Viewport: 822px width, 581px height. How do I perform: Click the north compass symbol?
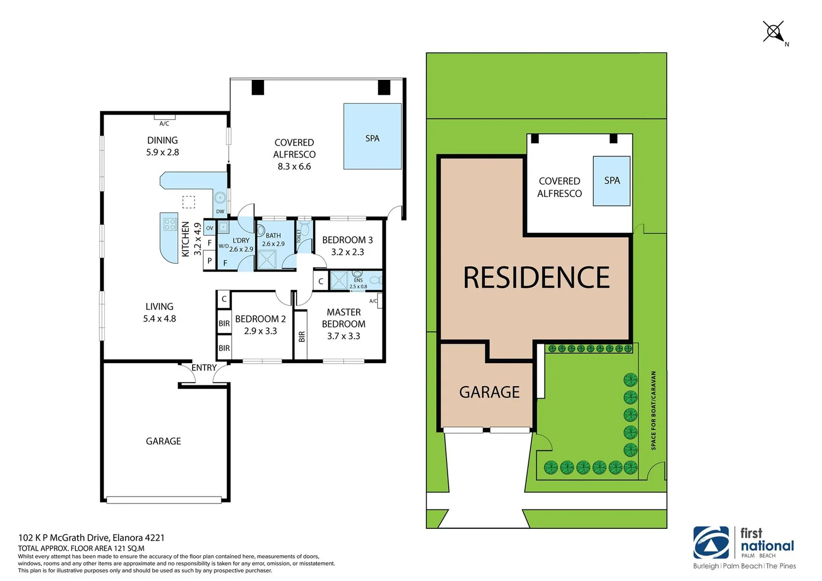pyautogui.click(x=774, y=32)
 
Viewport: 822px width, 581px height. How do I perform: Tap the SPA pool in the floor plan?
pyautogui.click(x=372, y=137)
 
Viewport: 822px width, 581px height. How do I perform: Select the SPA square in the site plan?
pyautogui.click(x=611, y=181)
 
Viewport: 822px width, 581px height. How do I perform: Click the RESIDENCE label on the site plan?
pyautogui.click(x=536, y=278)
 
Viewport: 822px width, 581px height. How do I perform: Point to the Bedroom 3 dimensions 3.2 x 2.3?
pyautogui.click(x=348, y=252)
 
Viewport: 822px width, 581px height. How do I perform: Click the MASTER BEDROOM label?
pyautogui.click(x=344, y=318)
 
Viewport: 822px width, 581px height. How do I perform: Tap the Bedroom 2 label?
pyautogui.click(x=260, y=319)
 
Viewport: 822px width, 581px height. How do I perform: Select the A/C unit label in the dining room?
pyautogui.click(x=164, y=124)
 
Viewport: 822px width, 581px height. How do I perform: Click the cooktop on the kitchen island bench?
pyautogui.click(x=170, y=224)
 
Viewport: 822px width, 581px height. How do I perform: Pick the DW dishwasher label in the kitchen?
pyautogui.click(x=220, y=211)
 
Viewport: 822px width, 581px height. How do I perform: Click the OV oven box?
pyautogui.click(x=209, y=228)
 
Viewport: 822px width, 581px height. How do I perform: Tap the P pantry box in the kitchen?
pyautogui.click(x=209, y=261)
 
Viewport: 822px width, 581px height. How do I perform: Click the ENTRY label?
pyautogui.click(x=204, y=367)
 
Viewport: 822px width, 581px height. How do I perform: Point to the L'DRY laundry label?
pyautogui.click(x=241, y=240)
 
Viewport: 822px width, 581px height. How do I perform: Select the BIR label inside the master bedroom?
pyautogui.click(x=301, y=336)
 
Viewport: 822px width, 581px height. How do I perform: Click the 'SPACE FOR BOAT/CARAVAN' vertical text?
pyautogui.click(x=654, y=410)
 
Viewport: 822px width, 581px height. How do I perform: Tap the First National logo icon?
pyautogui.click(x=711, y=543)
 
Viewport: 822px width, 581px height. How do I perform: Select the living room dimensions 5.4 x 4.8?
pyautogui.click(x=159, y=318)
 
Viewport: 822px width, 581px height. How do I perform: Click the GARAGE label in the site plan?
pyautogui.click(x=489, y=392)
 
